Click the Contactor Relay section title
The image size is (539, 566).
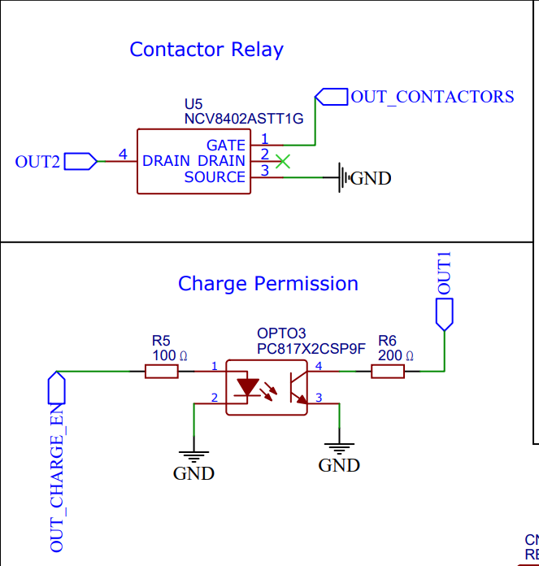coord(206,50)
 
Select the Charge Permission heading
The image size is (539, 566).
coord(268,284)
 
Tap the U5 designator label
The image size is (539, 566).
coord(193,104)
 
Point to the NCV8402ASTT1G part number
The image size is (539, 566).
coord(244,119)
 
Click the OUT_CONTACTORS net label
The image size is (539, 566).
coord(432,97)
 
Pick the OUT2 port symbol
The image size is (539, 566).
coord(80,161)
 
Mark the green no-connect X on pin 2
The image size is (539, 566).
coord(282,161)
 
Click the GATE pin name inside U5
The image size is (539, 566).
coord(225,145)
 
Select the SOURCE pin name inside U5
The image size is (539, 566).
coord(215,176)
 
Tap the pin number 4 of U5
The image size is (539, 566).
coord(123,154)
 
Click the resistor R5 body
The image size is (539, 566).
coord(162,372)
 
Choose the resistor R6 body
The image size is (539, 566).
coord(388,372)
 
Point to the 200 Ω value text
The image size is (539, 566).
coord(396,355)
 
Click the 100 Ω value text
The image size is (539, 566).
coord(170,355)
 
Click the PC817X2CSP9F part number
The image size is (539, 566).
coord(311,348)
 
